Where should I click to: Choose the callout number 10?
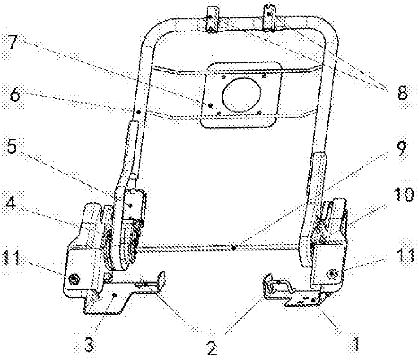[x=403, y=195]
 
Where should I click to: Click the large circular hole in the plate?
[x=241, y=95]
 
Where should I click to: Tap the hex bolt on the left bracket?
[x=72, y=278]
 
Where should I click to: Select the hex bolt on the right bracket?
[x=332, y=273]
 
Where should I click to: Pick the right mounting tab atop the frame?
[x=270, y=17]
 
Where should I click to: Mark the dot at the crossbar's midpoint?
[x=234, y=248]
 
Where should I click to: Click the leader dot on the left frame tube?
[x=139, y=112]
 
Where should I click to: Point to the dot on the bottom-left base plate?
[x=114, y=295]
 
